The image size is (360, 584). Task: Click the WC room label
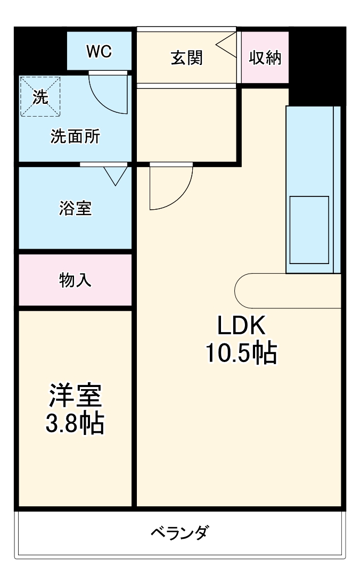[99, 51]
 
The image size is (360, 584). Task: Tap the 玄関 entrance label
[186, 57]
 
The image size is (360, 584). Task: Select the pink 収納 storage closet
[265, 57]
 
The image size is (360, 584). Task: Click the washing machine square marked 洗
[40, 96]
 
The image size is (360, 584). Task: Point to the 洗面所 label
[75, 137]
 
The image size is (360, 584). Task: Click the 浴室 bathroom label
[75, 208]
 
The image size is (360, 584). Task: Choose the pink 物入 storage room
[75, 279]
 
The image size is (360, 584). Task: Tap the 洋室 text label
[75, 397]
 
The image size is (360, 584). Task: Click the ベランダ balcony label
[179, 532]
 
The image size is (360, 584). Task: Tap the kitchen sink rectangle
[309, 230]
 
